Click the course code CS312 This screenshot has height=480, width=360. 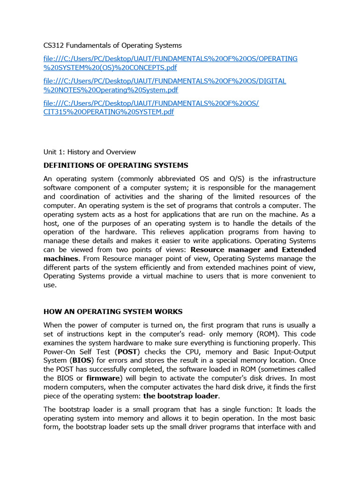click(x=53, y=45)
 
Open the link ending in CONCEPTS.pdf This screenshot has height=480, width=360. click(x=170, y=63)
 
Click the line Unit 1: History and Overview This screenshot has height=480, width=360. click(x=90, y=152)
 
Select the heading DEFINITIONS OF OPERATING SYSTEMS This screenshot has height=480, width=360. click(x=116, y=165)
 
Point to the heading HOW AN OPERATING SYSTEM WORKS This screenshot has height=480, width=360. click(x=113, y=312)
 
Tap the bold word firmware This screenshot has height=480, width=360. click(x=104, y=378)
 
